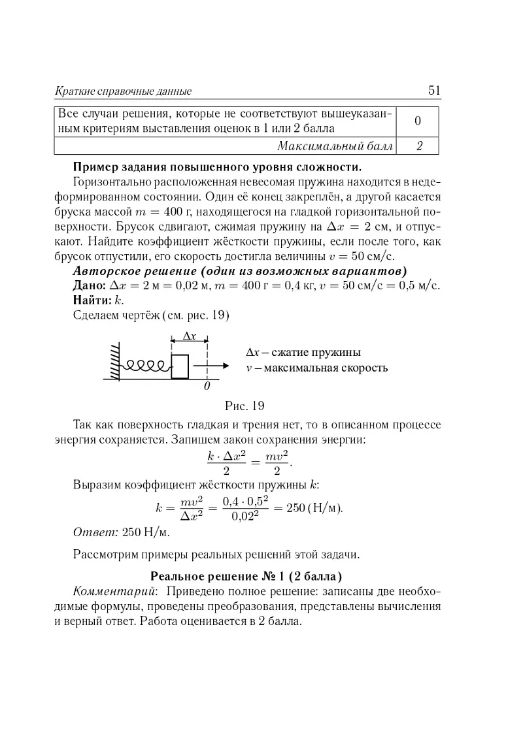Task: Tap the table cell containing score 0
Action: (417, 120)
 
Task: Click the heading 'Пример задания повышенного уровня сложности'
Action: (218, 165)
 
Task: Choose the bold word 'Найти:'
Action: (93, 301)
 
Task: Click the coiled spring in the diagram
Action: (146, 365)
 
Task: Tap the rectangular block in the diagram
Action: (179, 366)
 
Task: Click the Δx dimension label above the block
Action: (189, 336)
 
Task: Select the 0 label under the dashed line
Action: (207, 387)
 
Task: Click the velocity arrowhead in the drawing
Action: (224, 366)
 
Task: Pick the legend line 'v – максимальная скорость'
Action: (317, 368)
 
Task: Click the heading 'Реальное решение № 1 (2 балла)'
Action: (246, 577)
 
